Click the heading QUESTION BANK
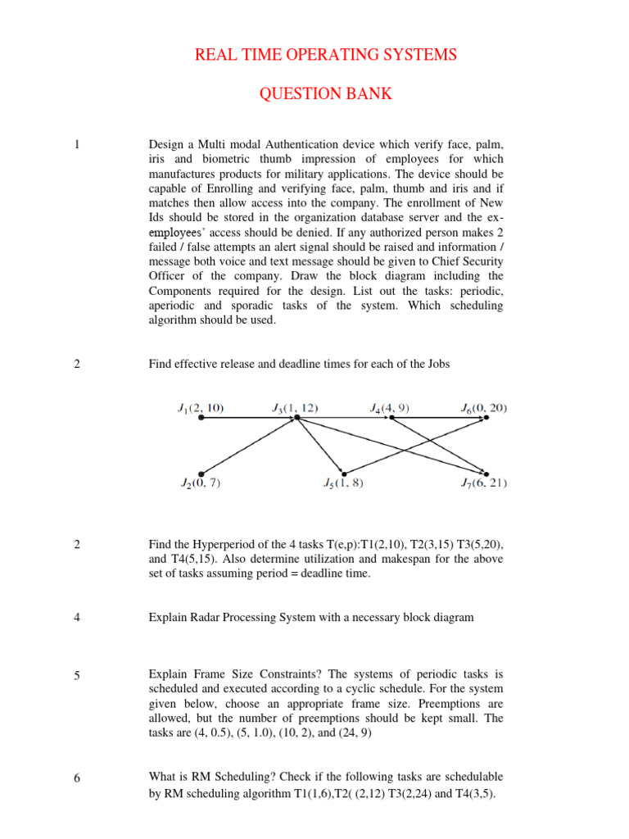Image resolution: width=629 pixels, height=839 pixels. point(326,94)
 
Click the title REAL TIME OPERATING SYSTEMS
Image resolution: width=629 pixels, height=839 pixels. point(326,55)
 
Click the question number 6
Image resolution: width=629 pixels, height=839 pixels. point(76,778)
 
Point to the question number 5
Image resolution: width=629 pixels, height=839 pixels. point(76,675)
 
